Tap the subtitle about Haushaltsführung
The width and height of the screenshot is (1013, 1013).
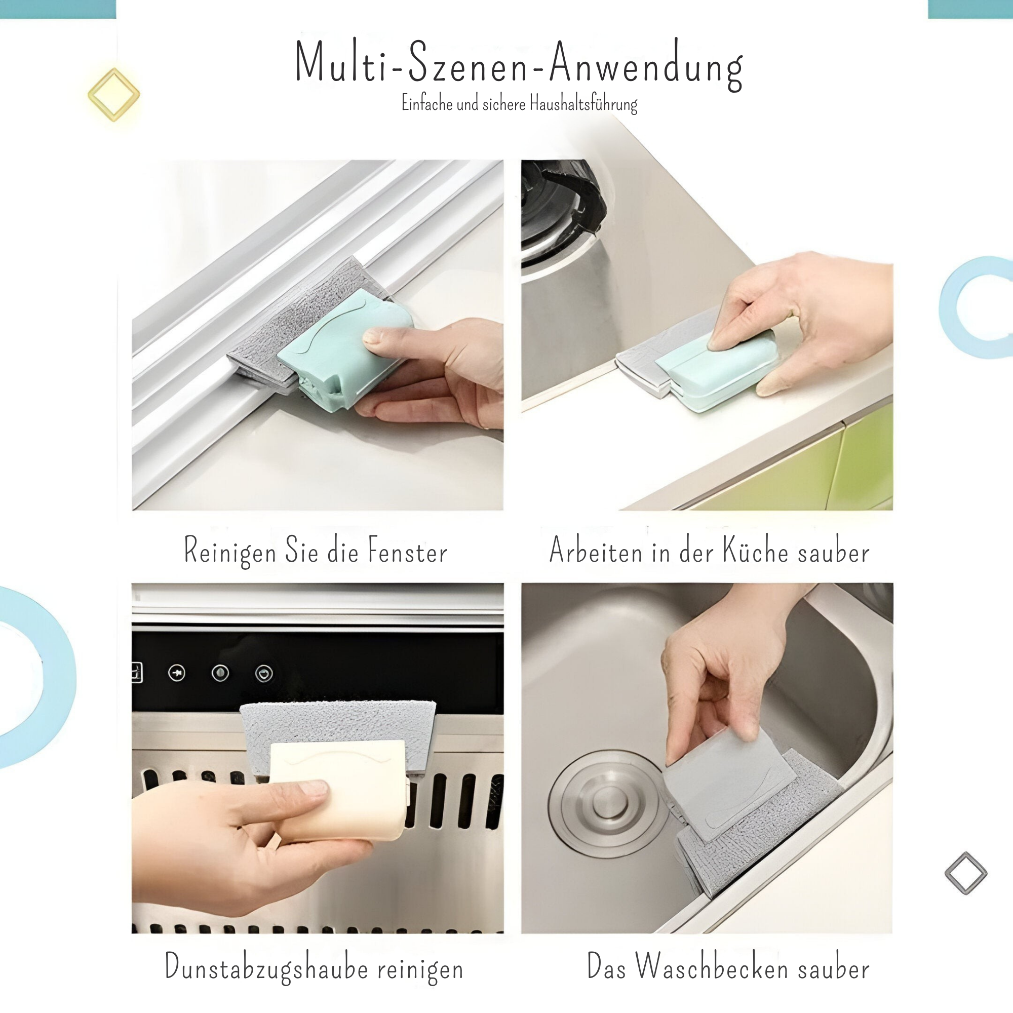point(519,103)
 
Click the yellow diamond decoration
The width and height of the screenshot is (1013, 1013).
point(114,94)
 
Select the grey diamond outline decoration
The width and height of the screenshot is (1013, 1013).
point(966,873)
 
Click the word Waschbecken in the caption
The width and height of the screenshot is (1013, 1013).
point(712,966)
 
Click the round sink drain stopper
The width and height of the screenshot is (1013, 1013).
point(608,804)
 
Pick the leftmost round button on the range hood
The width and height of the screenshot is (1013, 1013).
point(177,673)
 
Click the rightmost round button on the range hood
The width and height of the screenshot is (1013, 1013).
point(264,673)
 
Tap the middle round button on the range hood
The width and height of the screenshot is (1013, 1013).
point(220,673)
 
